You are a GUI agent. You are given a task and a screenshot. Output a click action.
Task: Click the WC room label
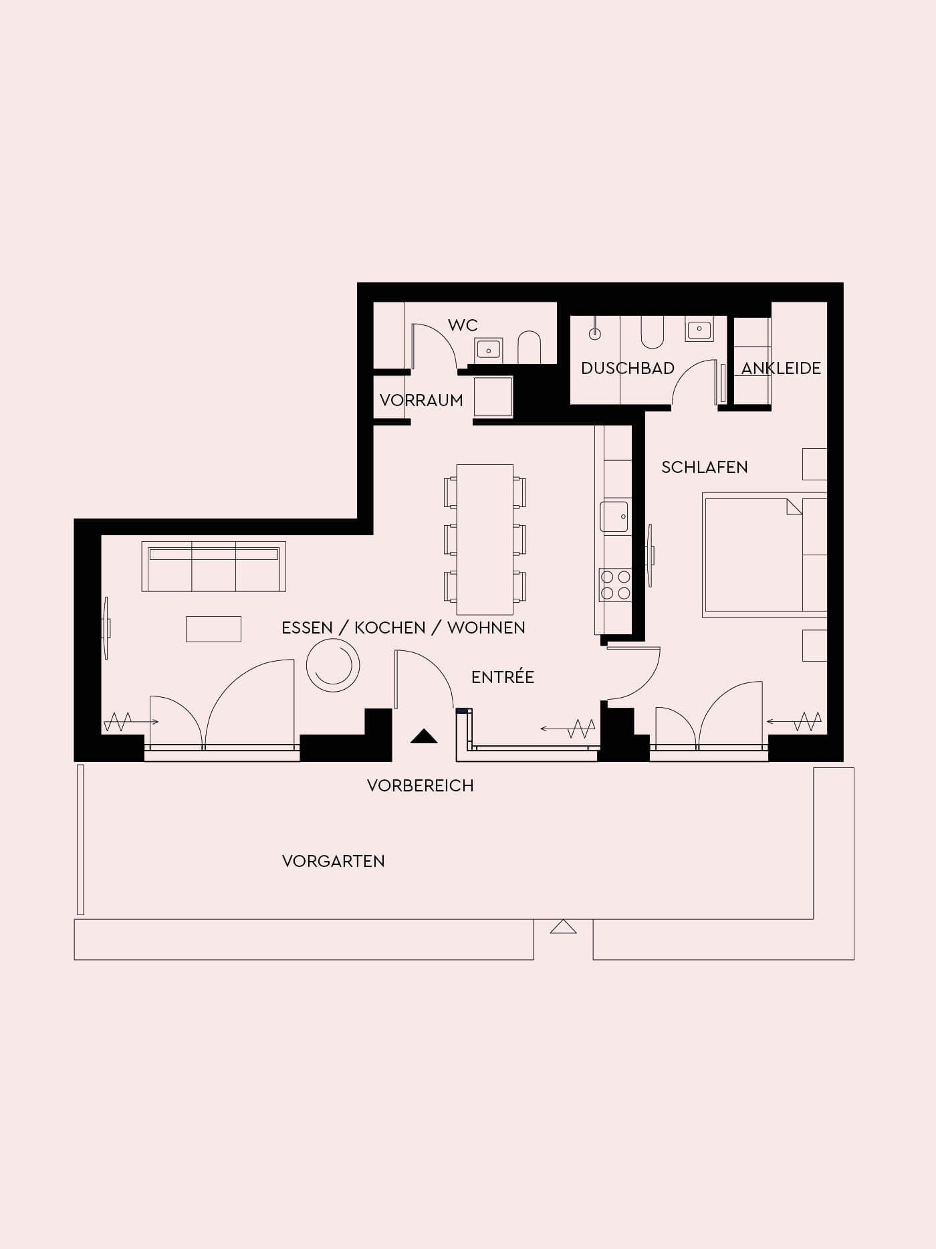click(463, 325)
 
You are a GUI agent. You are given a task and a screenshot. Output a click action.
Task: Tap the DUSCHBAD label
click(628, 368)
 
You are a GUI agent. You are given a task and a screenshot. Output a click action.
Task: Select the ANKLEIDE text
click(781, 368)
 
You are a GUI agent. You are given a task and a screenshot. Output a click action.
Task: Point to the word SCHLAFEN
click(705, 467)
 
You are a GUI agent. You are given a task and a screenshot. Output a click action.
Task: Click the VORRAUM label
click(421, 400)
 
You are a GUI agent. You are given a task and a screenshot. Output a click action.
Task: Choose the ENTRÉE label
click(503, 676)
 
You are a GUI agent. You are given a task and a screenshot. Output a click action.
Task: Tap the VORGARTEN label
click(334, 861)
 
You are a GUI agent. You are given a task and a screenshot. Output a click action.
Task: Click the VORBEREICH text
click(421, 785)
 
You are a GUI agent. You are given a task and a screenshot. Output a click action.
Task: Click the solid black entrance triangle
click(424, 737)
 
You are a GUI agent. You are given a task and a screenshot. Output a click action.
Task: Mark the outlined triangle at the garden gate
click(563, 927)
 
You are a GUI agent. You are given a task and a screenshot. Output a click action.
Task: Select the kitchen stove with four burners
click(615, 585)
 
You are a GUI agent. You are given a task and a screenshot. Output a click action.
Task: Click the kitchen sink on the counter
click(614, 516)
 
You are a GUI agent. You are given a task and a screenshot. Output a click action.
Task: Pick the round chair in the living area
click(333, 665)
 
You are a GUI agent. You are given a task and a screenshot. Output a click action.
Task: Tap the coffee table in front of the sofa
click(213, 629)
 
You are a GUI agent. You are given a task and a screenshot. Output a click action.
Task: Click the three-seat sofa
click(214, 567)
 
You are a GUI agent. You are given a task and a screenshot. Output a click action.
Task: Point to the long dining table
click(485, 539)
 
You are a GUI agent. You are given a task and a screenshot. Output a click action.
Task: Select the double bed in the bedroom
click(765, 555)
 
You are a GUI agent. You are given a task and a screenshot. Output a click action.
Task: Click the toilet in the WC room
click(530, 347)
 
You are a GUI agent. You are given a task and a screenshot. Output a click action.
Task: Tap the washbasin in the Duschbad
click(699, 329)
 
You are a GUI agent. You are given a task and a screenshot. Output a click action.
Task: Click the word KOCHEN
click(390, 628)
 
